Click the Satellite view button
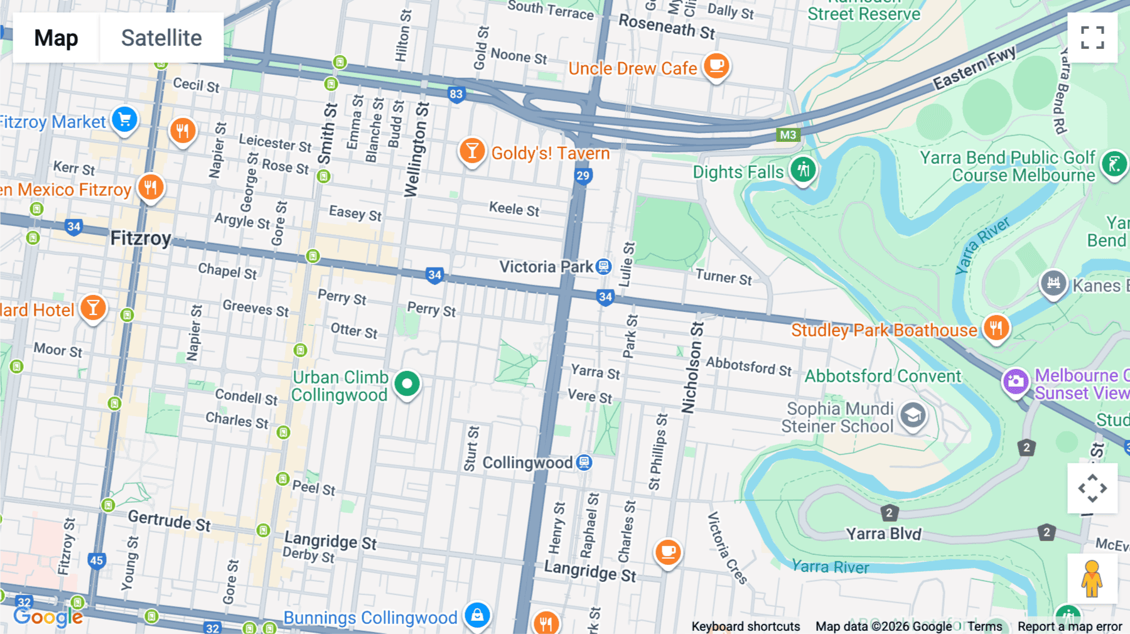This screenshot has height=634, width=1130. [161, 38]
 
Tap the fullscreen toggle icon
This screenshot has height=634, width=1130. [1092, 38]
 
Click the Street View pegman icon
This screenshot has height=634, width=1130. [1092, 578]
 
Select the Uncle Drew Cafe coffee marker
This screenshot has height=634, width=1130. [716, 65]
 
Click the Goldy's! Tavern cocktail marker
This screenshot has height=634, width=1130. [471, 151]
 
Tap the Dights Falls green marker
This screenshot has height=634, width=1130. [803, 169]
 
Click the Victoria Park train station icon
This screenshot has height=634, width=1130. [603, 267]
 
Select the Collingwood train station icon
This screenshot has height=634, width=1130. [584, 463]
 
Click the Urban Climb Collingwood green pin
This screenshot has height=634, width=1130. [407, 383]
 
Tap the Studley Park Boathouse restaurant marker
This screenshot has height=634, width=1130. [996, 328]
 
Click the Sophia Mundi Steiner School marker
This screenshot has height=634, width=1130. [913, 416]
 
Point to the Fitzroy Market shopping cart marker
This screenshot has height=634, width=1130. [124, 119]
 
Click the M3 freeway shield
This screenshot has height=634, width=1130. [788, 134]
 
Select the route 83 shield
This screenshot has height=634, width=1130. [456, 94]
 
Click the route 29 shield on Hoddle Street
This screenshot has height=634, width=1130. [583, 175]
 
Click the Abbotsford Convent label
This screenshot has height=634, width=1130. [883, 376]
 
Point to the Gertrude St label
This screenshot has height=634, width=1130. [169, 520]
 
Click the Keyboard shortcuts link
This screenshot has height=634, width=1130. [745, 626]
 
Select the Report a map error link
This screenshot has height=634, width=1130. [1070, 626]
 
